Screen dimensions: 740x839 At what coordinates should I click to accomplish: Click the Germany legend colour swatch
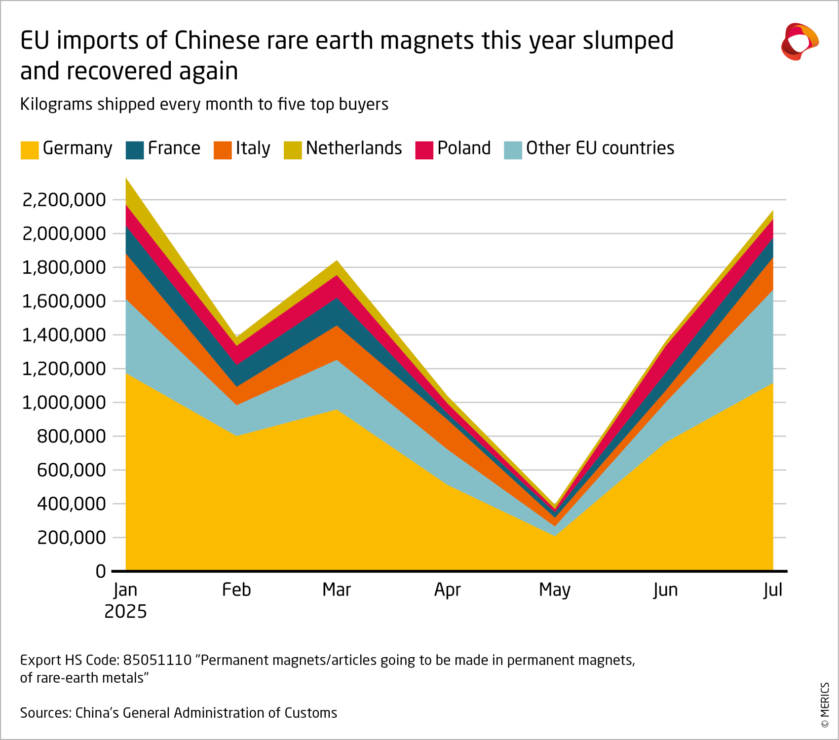point(29,150)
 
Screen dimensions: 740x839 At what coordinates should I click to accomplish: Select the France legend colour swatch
point(135,150)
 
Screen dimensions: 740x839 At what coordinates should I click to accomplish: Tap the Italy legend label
point(253,148)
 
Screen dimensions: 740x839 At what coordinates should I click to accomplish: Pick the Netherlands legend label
point(354,148)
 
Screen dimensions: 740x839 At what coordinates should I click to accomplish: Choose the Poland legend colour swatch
point(424,150)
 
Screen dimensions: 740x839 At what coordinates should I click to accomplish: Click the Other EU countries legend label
point(600,148)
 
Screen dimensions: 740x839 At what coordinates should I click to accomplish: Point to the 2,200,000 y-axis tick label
point(64,200)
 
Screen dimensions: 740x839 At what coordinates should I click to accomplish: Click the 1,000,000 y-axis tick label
point(64,403)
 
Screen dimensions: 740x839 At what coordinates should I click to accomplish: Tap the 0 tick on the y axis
point(101,571)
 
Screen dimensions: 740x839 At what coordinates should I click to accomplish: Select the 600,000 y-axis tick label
point(72,470)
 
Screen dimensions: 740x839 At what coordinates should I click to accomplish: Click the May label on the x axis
point(554,590)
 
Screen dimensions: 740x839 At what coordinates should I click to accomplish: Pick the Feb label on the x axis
point(236,590)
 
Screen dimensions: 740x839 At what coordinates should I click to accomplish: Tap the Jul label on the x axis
point(772,590)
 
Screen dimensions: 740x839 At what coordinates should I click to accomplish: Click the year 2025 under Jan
point(125,612)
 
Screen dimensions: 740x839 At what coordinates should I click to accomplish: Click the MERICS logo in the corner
point(799,41)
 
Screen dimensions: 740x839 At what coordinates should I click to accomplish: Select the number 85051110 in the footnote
point(157,660)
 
